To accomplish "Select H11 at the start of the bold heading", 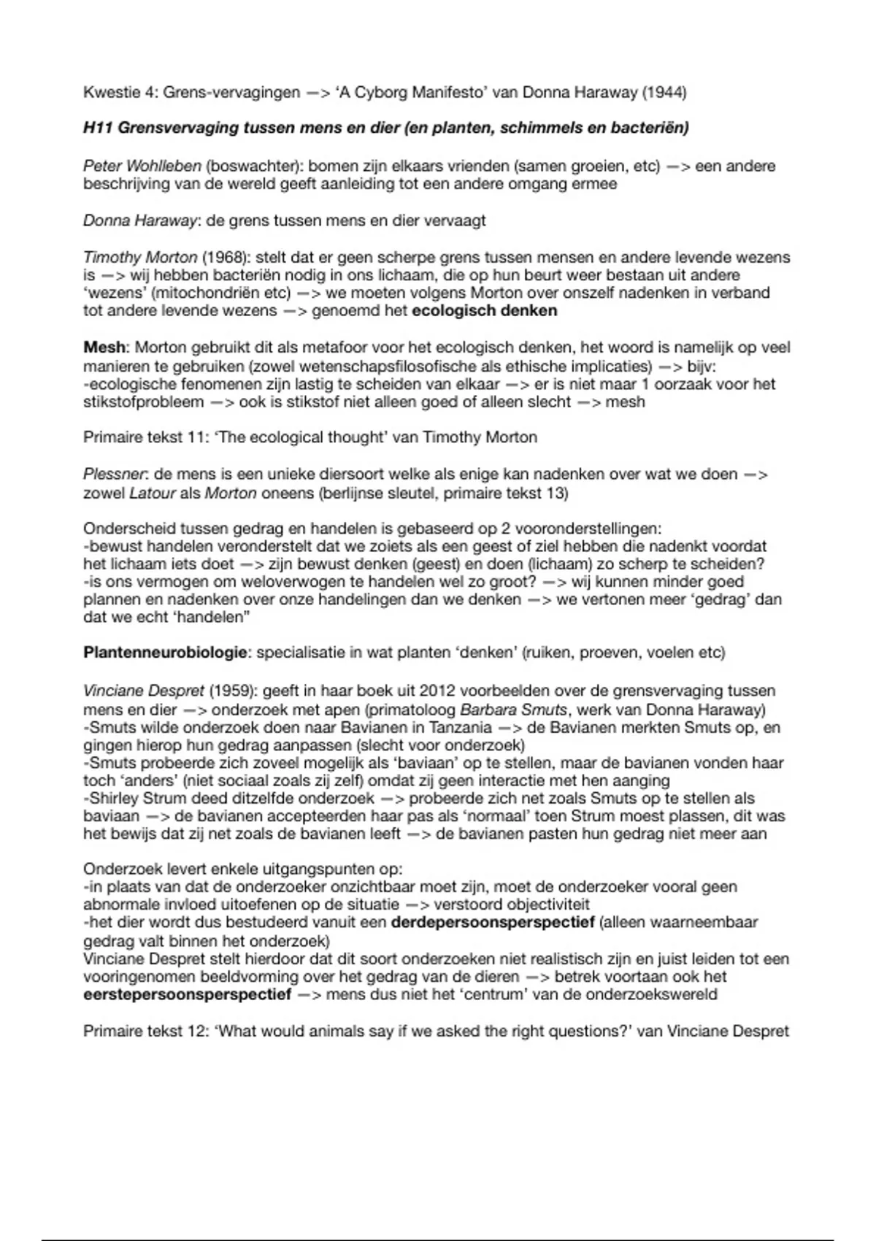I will [x=98, y=128].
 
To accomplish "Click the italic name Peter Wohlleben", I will [x=142, y=166].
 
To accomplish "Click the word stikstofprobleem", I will [x=143, y=402].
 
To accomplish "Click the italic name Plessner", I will [x=114, y=475].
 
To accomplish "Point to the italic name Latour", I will [x=152, y=493].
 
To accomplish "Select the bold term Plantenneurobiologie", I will [x=165, y=653].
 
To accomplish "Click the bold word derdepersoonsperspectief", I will [x=493, y=923].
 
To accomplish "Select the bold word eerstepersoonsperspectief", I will [x=187, y=994].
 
